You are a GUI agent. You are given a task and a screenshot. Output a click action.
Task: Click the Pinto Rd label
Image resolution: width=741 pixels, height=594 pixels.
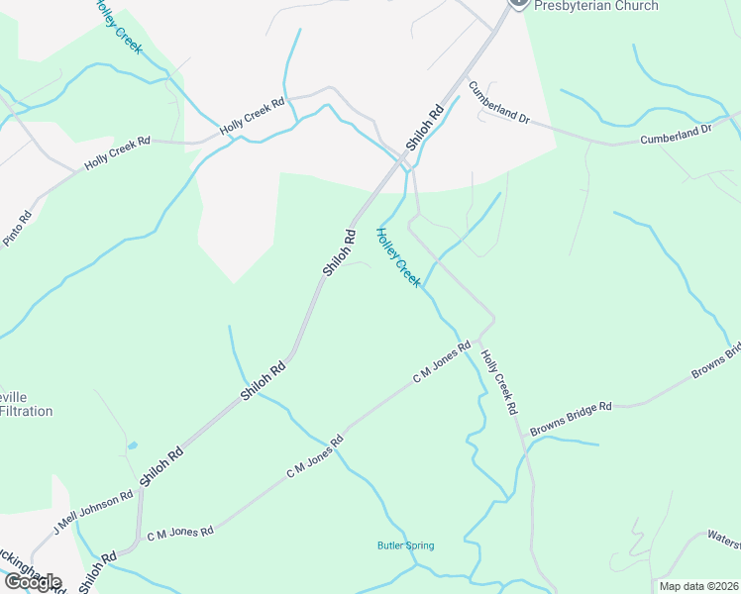(x=18, y=229)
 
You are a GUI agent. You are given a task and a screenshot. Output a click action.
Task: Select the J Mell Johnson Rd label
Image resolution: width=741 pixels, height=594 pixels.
(x=93, y=512)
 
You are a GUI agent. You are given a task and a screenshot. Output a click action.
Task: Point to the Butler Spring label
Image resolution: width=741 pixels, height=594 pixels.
(x=405, y=545)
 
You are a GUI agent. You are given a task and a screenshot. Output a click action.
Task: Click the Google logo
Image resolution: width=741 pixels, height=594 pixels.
(x=32, y=581)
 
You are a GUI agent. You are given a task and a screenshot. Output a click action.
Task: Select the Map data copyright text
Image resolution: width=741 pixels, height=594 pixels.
(x=699, y=586)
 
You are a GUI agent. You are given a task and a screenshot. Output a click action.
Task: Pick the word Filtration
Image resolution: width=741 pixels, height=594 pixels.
(x=27, y=411)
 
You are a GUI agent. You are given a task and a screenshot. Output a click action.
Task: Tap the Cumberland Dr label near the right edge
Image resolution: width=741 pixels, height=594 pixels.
(x=676, y=135)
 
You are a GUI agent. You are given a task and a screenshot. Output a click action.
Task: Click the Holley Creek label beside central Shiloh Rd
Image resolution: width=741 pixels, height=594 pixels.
(x=397, y=257)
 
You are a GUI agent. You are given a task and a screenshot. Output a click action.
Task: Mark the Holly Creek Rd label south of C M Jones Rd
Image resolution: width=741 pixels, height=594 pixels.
(x=498, y=381)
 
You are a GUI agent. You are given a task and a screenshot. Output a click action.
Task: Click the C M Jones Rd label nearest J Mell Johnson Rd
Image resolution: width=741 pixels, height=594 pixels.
(x=180, y=533)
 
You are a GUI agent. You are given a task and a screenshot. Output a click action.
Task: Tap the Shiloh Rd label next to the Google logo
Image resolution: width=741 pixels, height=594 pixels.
(x=97, y=571)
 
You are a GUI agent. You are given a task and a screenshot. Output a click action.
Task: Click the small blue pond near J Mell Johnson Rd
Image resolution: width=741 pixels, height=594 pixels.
(x=133, y=445)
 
